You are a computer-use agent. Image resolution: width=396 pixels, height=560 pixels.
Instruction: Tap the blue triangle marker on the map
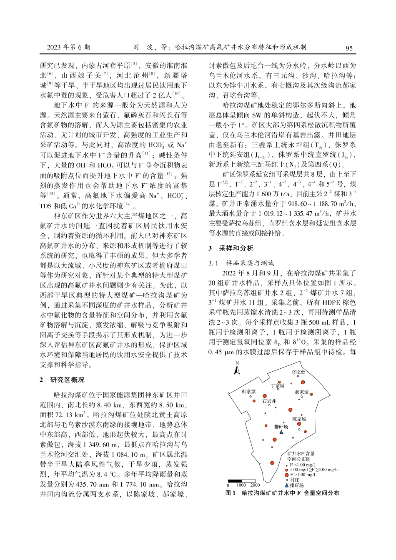[x=281, y=432]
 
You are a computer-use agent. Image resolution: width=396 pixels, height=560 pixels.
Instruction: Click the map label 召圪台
[x=298, y=372]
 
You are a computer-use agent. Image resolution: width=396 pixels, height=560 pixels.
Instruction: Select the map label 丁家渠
[x=278, y=386]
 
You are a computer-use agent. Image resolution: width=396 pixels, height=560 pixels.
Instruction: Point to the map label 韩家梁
[x=249, y=392]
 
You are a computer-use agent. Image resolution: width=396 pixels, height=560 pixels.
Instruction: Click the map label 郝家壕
[x=302, y=392]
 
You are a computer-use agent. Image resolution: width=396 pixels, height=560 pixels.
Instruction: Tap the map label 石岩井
[x=269, y=401]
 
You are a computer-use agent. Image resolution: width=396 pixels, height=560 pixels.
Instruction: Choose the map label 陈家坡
[x=299, y=419]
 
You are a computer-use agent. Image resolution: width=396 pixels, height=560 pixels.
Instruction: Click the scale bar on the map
[x=241, y=481]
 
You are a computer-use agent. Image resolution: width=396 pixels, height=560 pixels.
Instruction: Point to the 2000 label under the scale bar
[x=255, y=485]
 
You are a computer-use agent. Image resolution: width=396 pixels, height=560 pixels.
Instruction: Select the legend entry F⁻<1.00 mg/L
[x=303, y=465]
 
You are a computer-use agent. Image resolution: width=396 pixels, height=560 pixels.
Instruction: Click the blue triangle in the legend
[x=287, y=485]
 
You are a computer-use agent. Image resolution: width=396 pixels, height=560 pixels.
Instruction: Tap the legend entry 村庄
[x=295, y=480]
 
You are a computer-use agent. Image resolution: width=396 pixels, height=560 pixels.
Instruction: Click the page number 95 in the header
[x=349, y=48]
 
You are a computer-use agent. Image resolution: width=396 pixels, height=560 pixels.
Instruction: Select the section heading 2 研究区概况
[x=62, y=380]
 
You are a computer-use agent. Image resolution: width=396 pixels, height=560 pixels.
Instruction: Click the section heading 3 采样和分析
[x=231, y=248]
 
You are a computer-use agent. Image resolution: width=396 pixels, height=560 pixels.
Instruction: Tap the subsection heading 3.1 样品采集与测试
[x=241, y=263]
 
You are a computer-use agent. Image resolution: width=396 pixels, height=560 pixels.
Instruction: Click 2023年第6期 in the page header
[x=68, y=47]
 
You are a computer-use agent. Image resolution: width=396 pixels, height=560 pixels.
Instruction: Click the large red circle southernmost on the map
[x=272, y=462]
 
